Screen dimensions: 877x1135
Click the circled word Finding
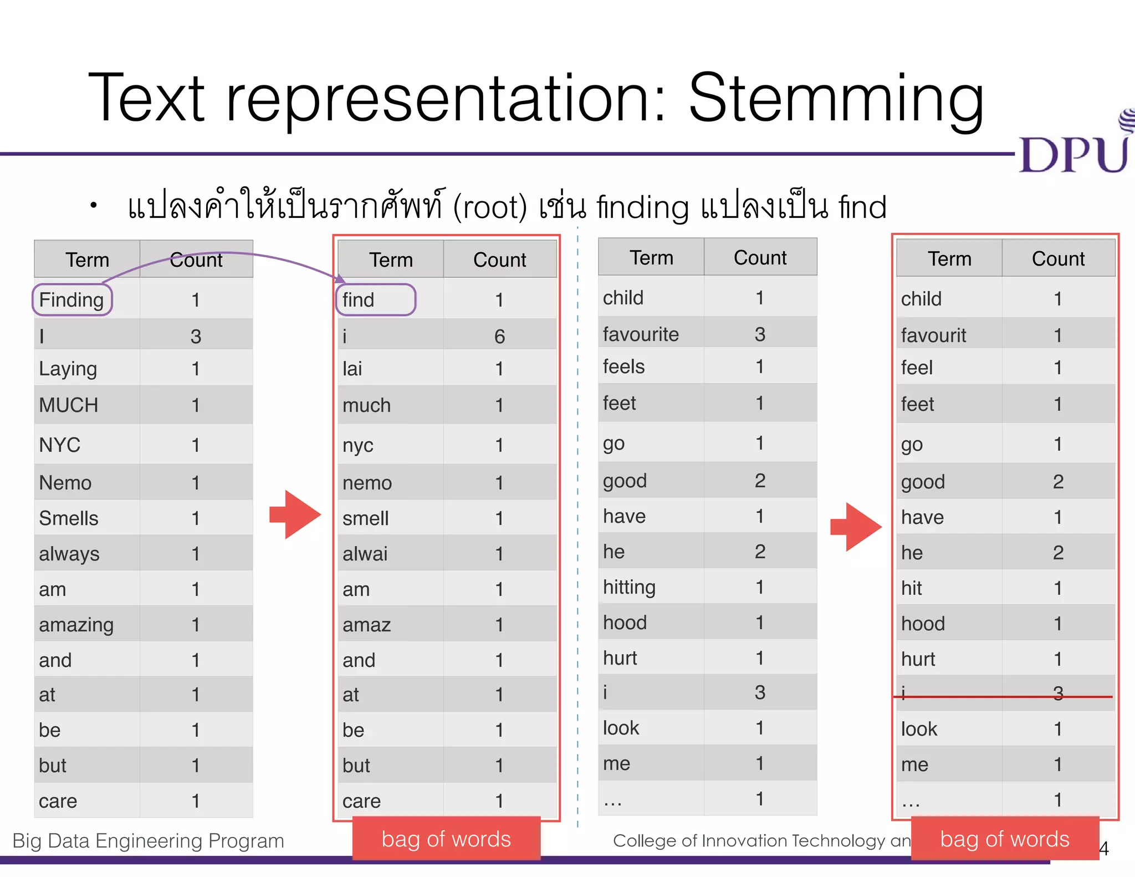tap(71, 300)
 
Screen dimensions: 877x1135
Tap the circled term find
tap(359, 300)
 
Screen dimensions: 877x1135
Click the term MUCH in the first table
tap(68, 405)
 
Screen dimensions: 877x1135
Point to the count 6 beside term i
tap(499, 336)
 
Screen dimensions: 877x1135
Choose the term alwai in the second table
tap(365, 554)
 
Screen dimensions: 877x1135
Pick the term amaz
tap(366, 625)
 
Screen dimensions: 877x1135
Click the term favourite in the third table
tap(640, 334)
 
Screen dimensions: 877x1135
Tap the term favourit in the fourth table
tap(933, 335)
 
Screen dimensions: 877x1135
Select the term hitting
tap(629, 587)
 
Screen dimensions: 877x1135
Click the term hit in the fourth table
tap(911, 588)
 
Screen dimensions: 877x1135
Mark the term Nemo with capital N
tap(65, 483)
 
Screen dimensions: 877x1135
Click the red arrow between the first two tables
tap(295, 514)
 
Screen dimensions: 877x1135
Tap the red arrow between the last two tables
tap(856, 527)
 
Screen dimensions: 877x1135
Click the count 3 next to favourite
tap(760, 334)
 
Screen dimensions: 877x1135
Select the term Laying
tap(68, 369)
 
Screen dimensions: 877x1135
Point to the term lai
tap(352, 369)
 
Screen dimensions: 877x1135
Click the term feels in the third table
tap(623, 366)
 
